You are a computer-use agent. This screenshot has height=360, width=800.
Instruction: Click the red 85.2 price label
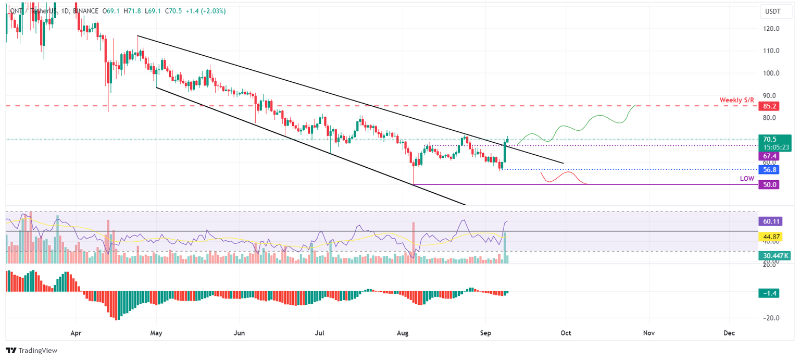769,106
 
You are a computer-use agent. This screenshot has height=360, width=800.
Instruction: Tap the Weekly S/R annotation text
736,100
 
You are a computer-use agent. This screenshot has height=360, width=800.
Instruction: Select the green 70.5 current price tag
769,140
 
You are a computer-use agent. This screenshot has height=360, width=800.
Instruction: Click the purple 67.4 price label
769,156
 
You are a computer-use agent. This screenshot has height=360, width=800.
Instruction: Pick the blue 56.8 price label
769,170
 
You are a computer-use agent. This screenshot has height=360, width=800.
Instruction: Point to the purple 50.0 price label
769,184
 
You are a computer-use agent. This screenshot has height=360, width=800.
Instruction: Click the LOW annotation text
747,178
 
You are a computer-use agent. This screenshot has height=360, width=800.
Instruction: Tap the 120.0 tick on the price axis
770,29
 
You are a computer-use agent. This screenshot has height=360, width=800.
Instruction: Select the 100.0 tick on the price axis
770,73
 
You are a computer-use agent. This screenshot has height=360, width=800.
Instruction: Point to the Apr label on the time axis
76,332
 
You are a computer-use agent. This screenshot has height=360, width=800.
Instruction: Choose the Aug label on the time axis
403,332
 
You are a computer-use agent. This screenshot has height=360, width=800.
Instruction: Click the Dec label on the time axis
729,332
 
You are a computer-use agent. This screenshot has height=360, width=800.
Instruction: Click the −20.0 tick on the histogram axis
770,318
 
